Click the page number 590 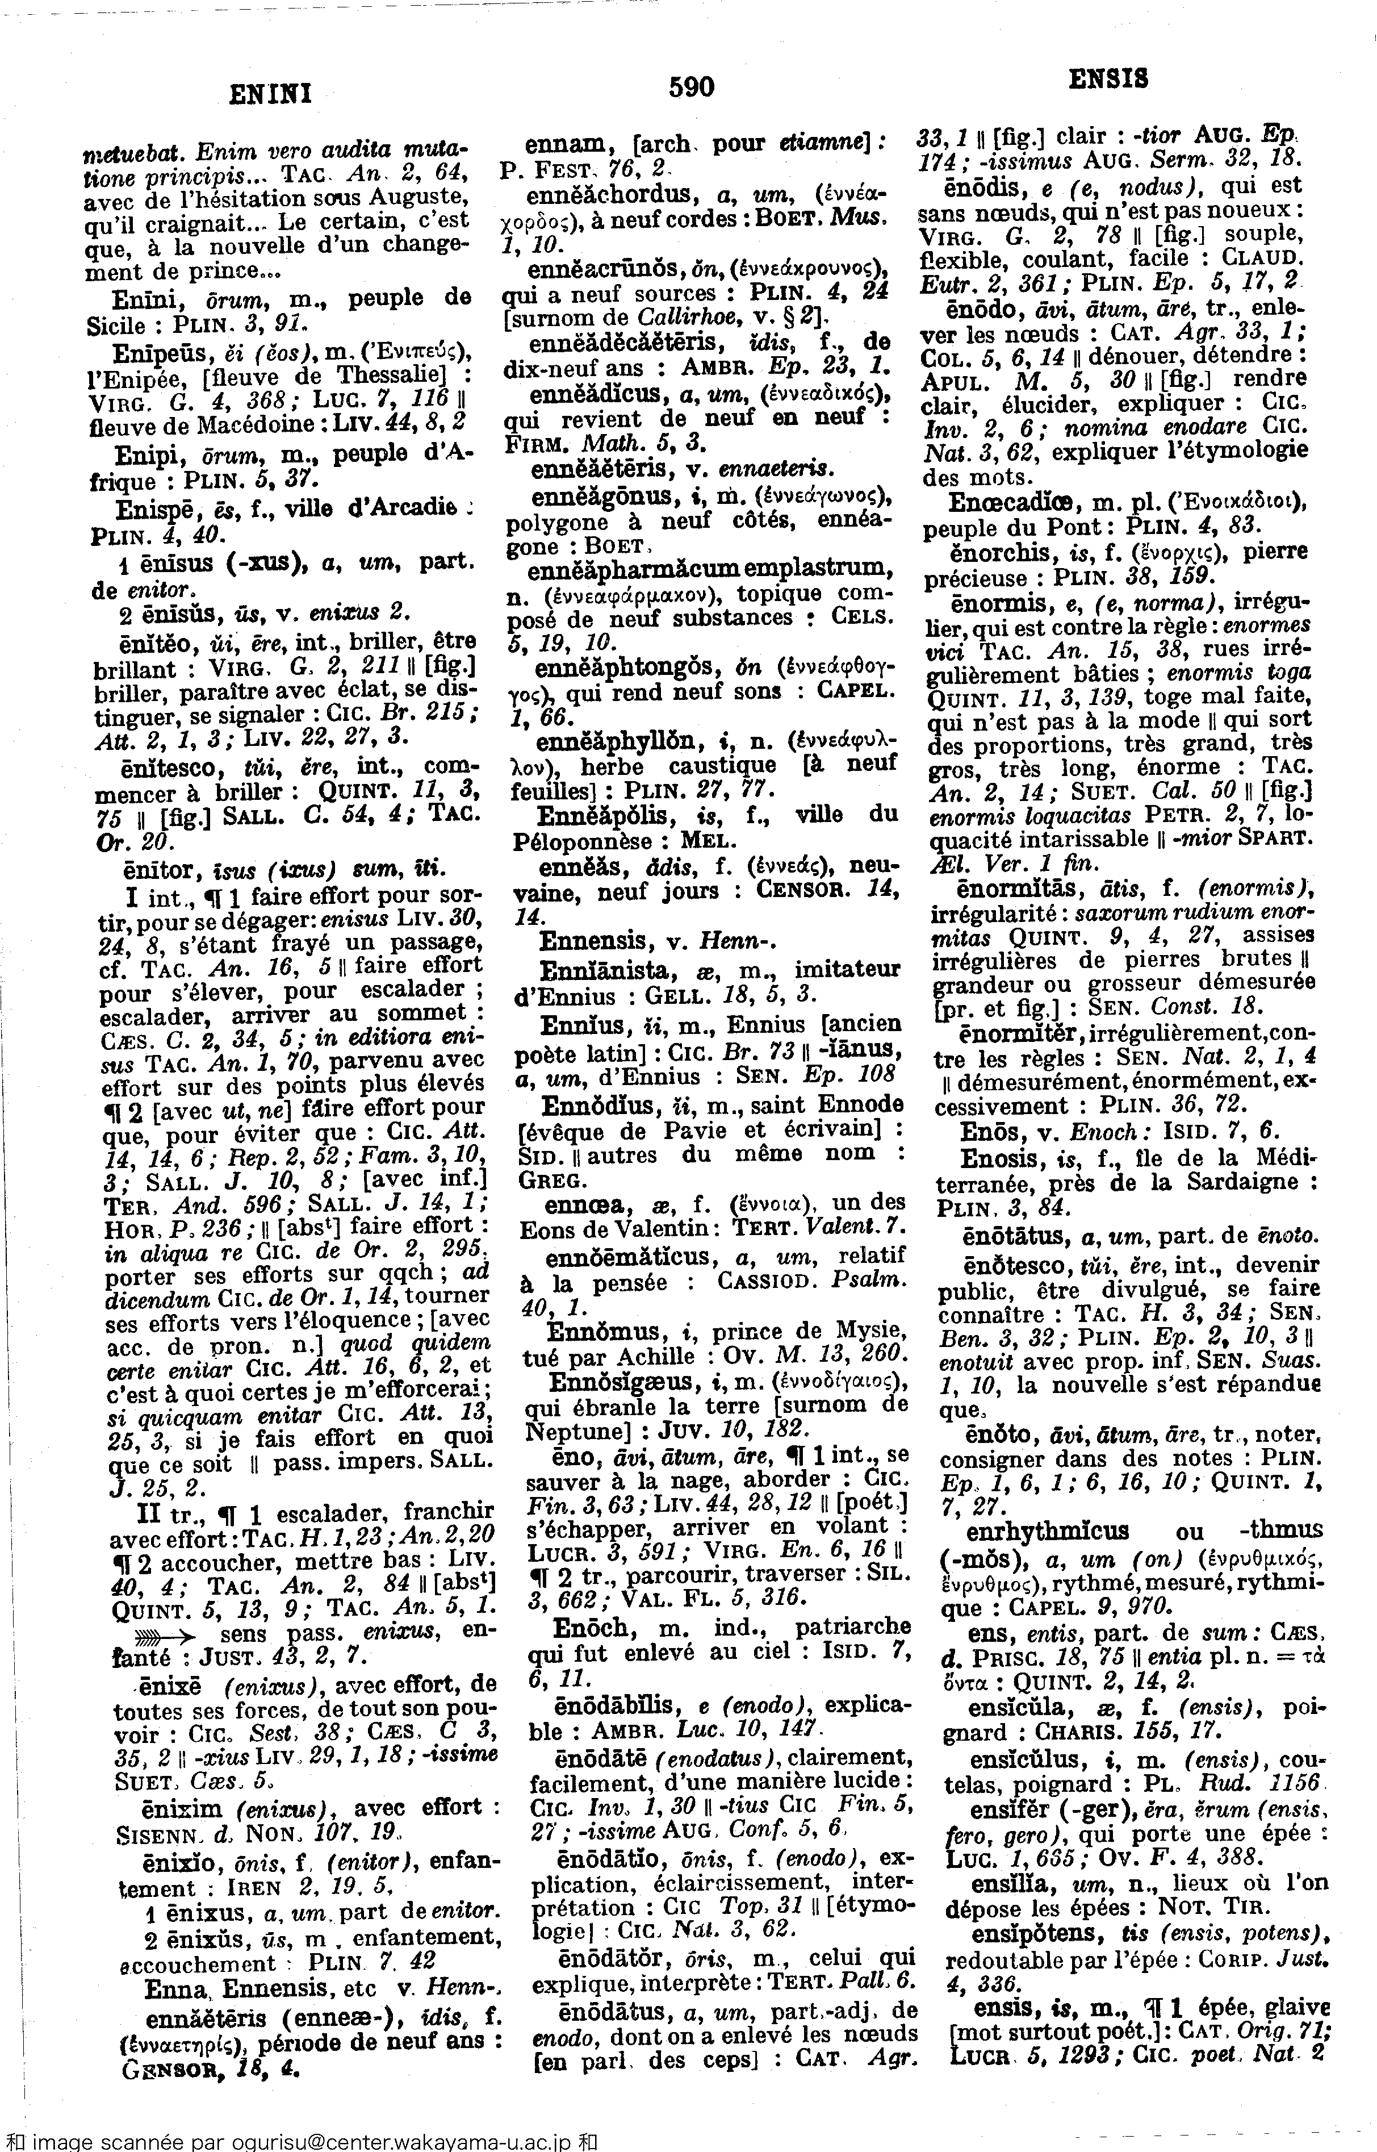coord(691,87)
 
